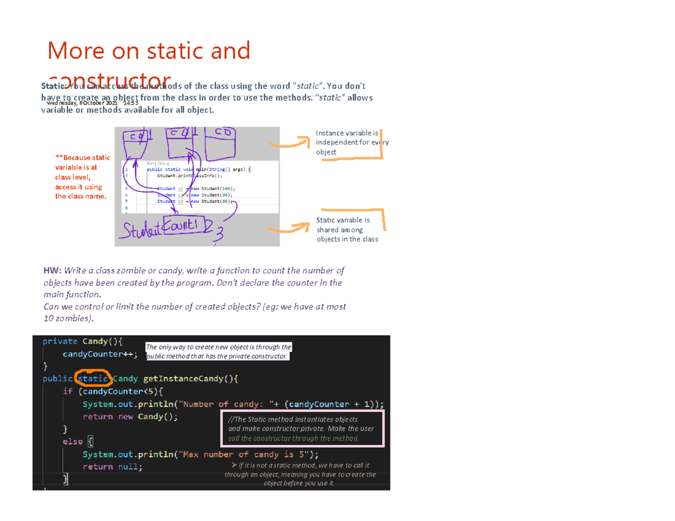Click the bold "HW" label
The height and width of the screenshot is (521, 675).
click(x=51, y=270)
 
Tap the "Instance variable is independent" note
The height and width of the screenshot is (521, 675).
click(x=352, y=143)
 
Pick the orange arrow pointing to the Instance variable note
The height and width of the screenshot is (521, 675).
click(x=290, y=141)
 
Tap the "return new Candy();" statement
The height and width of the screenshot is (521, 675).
click(x=130, y=417)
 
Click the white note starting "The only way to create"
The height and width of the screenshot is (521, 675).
click(x=218, y=352)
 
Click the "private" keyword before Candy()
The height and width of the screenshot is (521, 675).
click(x=60, y=341)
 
